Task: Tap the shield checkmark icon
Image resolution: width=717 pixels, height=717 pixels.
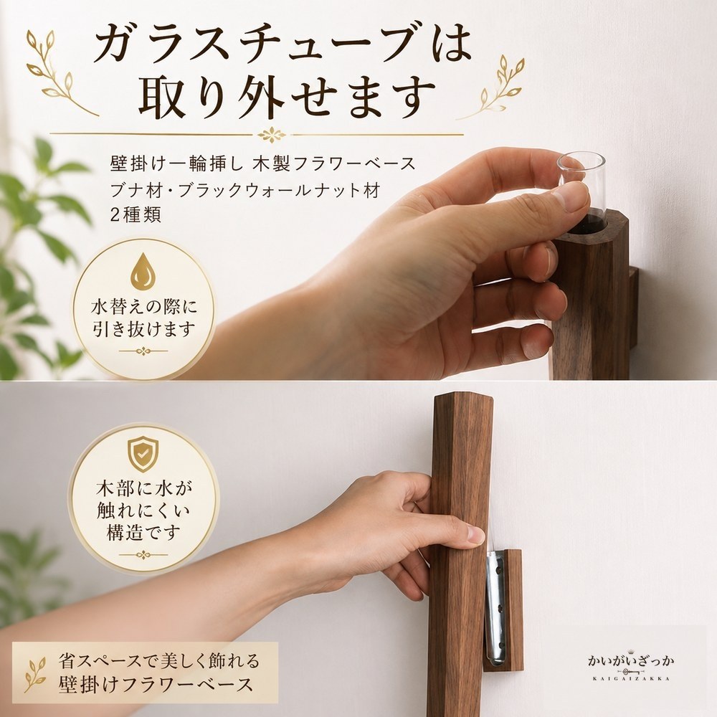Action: coord(143,454)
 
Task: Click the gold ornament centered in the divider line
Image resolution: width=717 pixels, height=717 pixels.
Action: coord(272,135)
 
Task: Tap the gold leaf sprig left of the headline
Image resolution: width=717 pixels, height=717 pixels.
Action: coord(60,73)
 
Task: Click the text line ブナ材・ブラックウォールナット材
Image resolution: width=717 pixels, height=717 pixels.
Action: coord(245,190)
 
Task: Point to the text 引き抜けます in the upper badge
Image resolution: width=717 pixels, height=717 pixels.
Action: coord(144,329)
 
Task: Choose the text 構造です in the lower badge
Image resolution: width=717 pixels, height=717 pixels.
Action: coord(144,532)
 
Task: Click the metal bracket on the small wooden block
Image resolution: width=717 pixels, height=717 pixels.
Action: coord(495,608)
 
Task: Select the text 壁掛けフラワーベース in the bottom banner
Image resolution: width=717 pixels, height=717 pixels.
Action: coord(156,685)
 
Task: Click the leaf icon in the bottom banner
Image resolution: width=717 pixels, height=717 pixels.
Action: coord(35,673)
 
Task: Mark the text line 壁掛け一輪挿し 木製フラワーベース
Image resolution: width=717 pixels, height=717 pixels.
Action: coord(263,163)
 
